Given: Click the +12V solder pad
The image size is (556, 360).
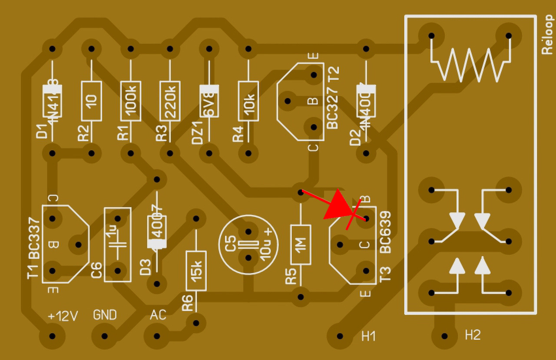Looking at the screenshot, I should pyautogui.click(x=53, y=336).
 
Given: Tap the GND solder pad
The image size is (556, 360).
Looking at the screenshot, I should pyautogui.click(x=104, y=336).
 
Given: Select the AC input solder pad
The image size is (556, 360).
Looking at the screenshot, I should pyautogui.click(x=157, y=336).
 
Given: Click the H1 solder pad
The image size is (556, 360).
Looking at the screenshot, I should pyautogui.click(x=340, y=336).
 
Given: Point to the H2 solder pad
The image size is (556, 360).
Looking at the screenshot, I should pyautogui.click(x=444, y=336).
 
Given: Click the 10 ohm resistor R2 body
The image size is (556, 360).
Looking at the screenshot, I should pyautogui.click(x=91, y=101).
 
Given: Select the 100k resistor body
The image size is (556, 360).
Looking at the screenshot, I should pyautogui.click(x=131, y=101).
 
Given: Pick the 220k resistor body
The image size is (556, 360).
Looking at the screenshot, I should pyautogui.click(x=170, y=101).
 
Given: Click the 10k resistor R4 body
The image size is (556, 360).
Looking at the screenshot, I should pyautogui.click(x=248, y=101).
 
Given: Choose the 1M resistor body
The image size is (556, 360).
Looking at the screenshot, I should pyautogui.click(x=301, y=244).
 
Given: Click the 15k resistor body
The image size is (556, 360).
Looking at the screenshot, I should pyautogui.click(x=196, y=271).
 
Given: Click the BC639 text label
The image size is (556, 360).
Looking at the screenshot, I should pyautogui.click(x=385, y=232).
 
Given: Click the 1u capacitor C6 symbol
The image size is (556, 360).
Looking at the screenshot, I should pyautogui.click(x=117, y=244).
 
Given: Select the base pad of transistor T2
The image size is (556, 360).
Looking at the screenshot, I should pyautogui.click(x=287, y=101).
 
